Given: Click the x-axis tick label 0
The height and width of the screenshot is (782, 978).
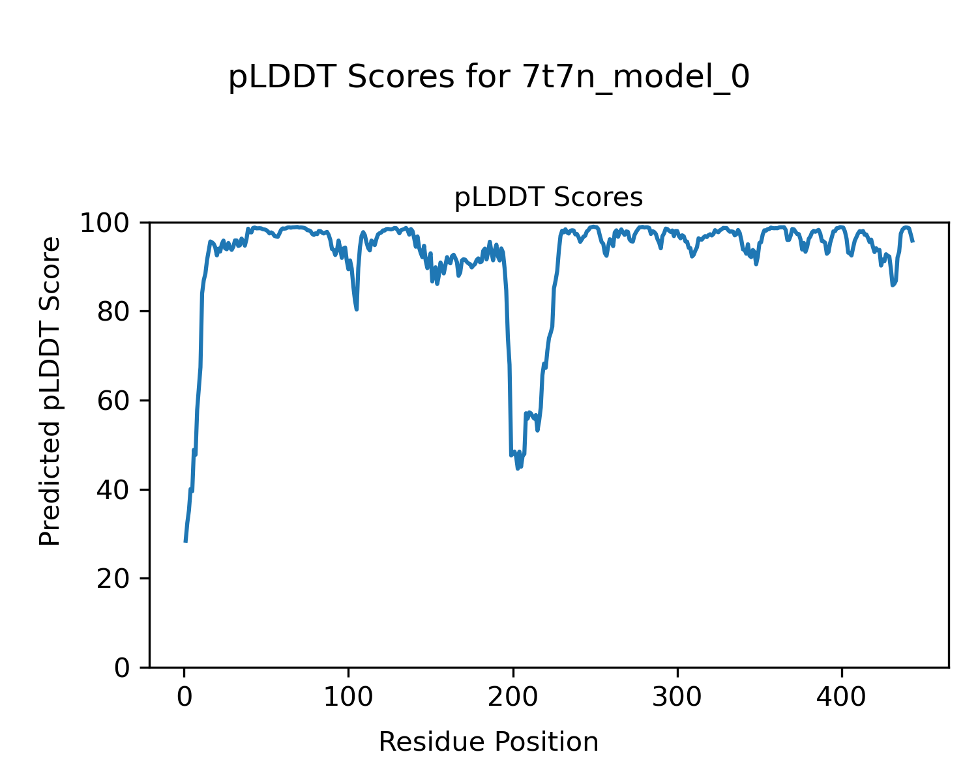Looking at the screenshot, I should point(185,697).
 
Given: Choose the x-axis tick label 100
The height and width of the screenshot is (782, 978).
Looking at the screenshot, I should point(348,697).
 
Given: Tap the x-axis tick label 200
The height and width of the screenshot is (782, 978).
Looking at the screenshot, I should point(513,697).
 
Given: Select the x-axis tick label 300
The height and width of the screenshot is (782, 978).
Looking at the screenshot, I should point(677,697).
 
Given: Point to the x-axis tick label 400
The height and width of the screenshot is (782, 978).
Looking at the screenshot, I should point(842,697).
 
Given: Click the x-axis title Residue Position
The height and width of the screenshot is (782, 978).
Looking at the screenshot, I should point(488,742).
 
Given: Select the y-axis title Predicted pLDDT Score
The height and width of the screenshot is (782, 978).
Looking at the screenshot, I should point(50,391).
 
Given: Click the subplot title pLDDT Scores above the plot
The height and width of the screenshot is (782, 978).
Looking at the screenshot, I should point(548,197).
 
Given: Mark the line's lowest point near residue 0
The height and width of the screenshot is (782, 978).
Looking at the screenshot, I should point(185,541).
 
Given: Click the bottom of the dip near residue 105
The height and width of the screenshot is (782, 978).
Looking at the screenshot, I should point(357,309).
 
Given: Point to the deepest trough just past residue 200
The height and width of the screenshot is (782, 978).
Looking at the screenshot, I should point(518,469).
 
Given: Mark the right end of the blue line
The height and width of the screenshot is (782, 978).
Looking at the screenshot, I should point(913,242).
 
